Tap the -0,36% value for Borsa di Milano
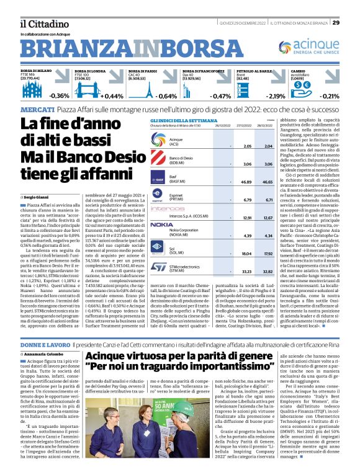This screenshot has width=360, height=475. [59, 96]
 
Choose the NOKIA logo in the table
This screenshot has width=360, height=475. [161, 224]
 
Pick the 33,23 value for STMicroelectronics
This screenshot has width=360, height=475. [228, 272]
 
